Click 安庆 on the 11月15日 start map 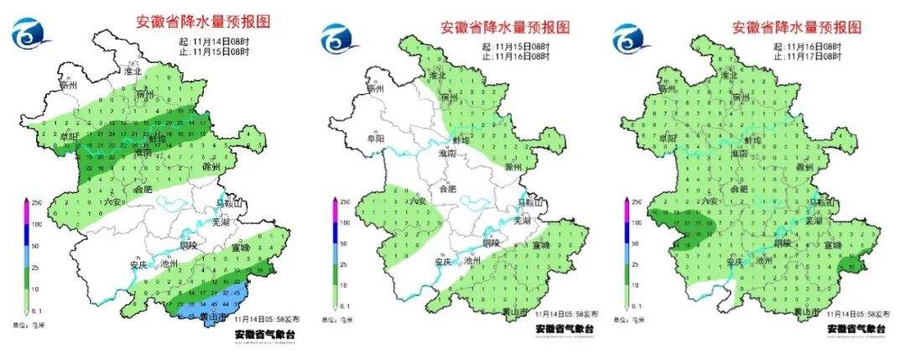pos(443,262)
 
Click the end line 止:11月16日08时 pos(516,56)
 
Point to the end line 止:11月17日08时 pos(808,56)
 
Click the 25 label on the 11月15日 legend pos(345,265)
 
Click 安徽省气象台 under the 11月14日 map pos(265,334)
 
